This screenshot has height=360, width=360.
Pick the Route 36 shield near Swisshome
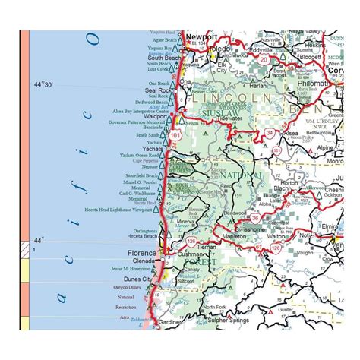[x=256, y=218]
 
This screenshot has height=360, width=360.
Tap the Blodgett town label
[x=311, y=56]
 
